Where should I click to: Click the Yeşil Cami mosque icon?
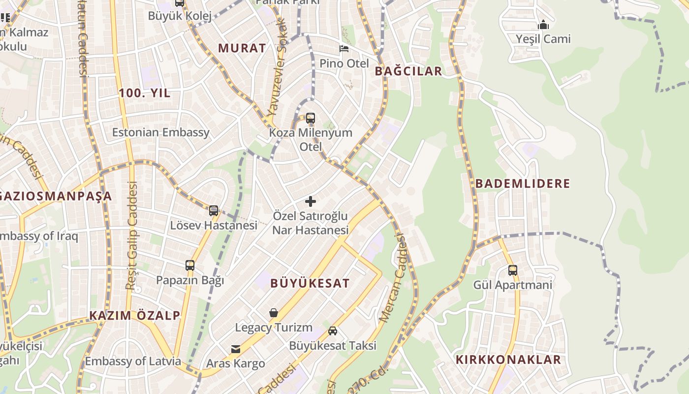click(543, 24)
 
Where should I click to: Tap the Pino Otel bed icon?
click(344, 48)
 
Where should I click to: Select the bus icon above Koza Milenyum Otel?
click(311, 118)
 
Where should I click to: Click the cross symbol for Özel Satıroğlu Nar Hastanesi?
click(311, 201)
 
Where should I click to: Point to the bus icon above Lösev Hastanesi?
click(214, 211)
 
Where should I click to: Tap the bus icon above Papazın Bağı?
click(190, 265)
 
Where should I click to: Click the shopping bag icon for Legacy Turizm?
click(274, 313)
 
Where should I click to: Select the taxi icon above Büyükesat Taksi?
click(333, 331)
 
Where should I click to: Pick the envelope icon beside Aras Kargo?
click(236, 349)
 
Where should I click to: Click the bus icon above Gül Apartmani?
click(513, 270)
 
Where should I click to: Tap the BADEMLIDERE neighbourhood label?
click(523, 184)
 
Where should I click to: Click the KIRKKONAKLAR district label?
click(508, 360)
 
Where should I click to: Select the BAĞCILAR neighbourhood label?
click(408, 71)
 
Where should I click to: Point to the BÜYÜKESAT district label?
click(310, 283)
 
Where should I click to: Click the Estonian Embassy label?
click(161, 132)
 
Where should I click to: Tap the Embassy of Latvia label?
click(133, 361)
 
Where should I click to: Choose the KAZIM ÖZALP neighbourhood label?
click(135, 316)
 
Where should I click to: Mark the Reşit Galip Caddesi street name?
click(132, 235)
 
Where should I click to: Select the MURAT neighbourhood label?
click(242, 48)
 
